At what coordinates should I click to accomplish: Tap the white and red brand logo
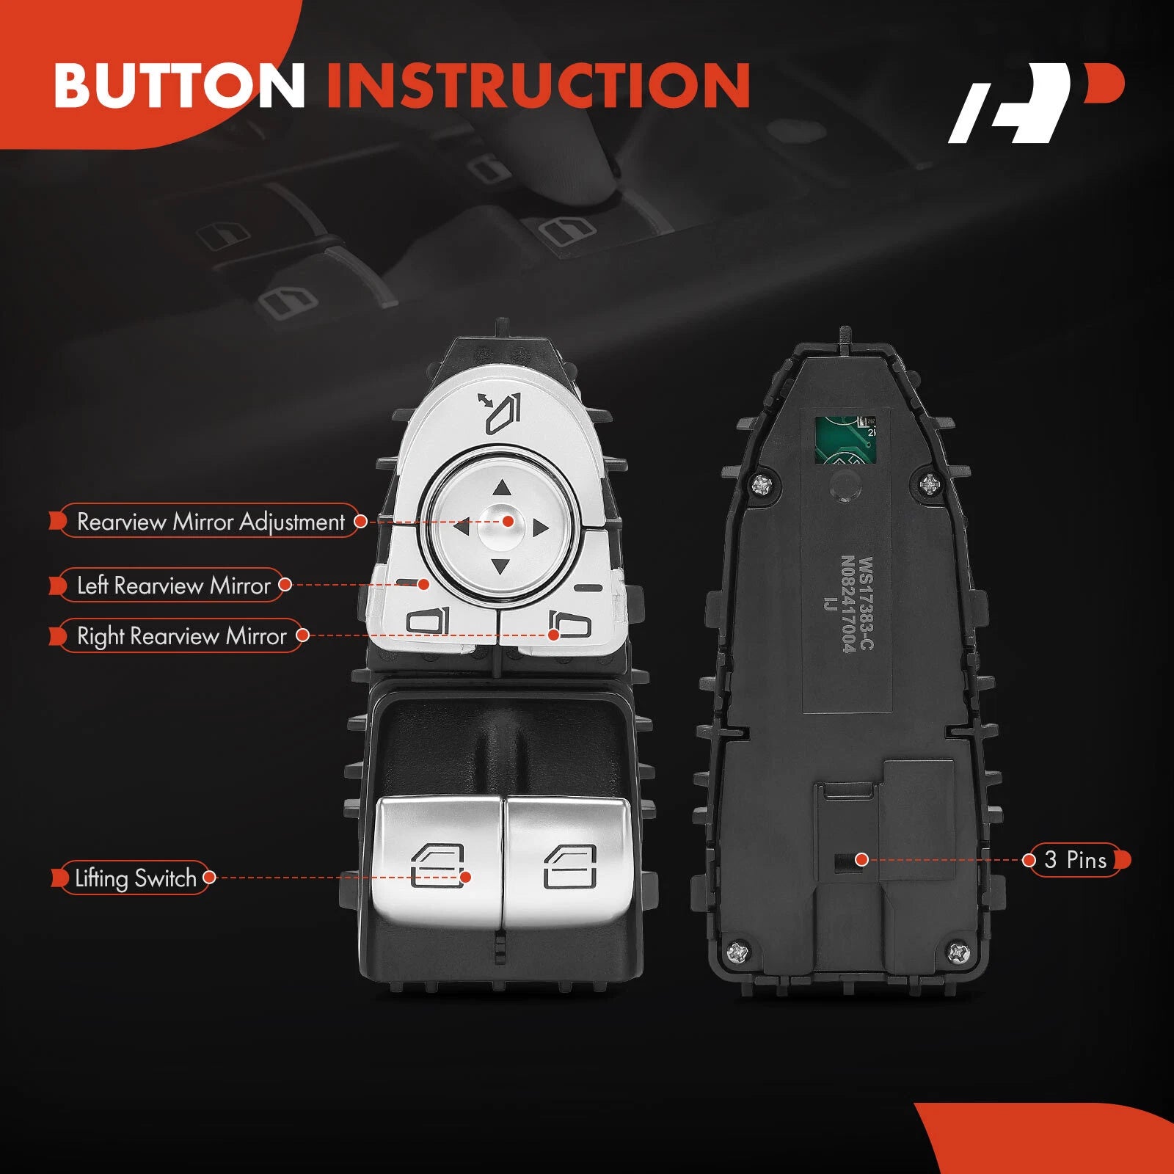click(1036, 103)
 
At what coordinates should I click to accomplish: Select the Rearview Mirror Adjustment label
click(210, 522)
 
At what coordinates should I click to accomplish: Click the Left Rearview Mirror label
click(173, 586)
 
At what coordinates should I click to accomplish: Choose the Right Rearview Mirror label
click(181, 636)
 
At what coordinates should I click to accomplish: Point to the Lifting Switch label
click(135, 878)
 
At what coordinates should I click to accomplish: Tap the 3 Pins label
click(1076, 860)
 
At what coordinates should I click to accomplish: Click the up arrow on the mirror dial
click(502, 488)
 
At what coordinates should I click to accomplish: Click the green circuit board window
click(846, 441)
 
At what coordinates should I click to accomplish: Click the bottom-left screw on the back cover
click(738, 954)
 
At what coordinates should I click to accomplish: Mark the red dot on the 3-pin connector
click(862, 859)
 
